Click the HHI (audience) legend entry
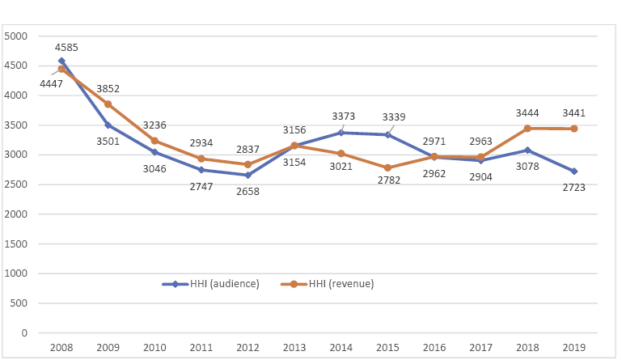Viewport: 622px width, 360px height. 218,284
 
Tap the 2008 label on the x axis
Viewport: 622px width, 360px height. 61,347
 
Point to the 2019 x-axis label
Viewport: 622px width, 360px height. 573,347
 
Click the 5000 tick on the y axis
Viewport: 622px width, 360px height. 16,36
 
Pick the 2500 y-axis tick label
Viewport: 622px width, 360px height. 16,184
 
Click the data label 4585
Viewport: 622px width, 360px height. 66,48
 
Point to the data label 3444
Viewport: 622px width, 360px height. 527,112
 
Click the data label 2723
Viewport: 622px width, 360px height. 573,187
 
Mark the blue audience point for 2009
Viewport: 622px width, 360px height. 108,125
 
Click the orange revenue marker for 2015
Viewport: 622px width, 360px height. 387,167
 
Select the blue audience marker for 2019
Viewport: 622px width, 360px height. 573,172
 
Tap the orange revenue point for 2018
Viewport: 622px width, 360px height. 527,129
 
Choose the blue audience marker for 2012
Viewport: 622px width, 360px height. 248,175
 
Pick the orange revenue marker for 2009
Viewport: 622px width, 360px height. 108,104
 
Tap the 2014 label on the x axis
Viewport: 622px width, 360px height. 341,347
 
